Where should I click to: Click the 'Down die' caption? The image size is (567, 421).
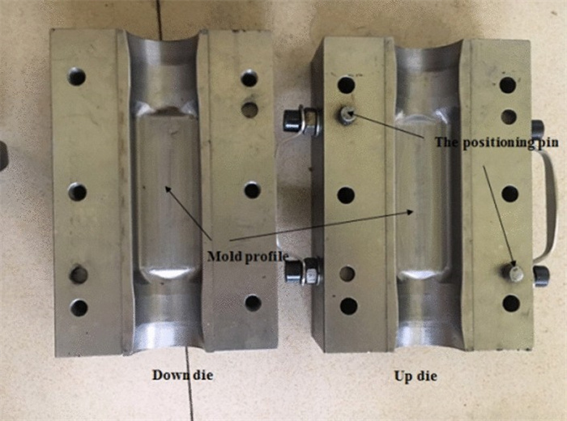click(x=182, y=375)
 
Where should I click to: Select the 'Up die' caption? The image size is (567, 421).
click(x=416, y=376)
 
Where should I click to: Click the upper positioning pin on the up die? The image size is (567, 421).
click(x=347, y=115)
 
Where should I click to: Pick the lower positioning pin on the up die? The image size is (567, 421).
click(x=516, y=273)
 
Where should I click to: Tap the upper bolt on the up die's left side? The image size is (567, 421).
click(x=301, y=121)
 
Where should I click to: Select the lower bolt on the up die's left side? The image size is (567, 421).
click(x=303, y=271)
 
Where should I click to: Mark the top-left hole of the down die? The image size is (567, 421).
click(x=77, y=77)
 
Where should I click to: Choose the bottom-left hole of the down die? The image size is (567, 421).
click(x=79, y=308)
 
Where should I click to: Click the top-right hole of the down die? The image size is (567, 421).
click(x=249, y=78)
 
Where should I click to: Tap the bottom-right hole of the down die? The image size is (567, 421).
click(x=253, y=303)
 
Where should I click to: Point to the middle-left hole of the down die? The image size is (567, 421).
click(x=77, y=192)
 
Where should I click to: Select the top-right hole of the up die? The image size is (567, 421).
click(x=508, y=85)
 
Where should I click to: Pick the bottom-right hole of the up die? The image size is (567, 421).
click(x=511, y=304)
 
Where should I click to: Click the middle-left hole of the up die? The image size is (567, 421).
click(x=346, y=195)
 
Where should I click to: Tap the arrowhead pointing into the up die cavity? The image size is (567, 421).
click(x=410, y=212)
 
